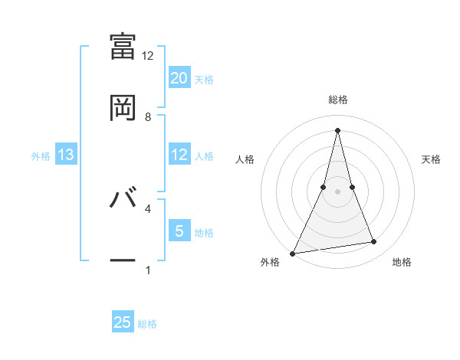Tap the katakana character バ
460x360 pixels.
(123, 198)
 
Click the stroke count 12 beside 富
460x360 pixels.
(148, 56)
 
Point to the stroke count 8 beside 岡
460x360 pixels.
(148, 117)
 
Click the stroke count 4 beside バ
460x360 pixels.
(148, 208)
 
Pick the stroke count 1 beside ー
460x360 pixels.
(148, 270)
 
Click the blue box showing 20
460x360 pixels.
(179, 78)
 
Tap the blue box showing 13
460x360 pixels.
(66, 155)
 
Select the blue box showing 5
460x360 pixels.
(179, 231)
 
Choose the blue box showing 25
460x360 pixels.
(123, 322)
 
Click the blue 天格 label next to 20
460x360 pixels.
(204, 79)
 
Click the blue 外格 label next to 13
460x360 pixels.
(41, 156)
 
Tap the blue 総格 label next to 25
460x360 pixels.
(147, 323)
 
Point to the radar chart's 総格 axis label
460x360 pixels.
(338, 100)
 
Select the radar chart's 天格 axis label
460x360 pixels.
(432, 159)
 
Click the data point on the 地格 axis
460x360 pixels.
(374, 242)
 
